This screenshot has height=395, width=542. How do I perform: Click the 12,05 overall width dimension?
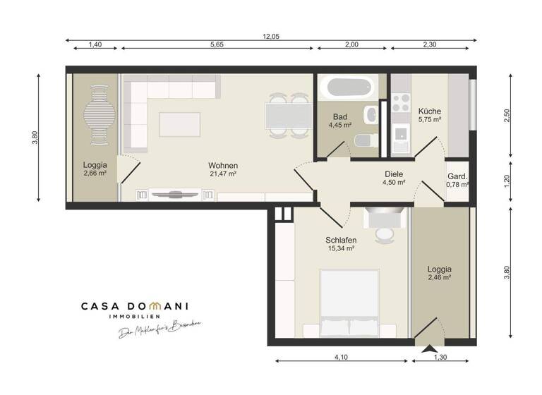(x=271, y=35)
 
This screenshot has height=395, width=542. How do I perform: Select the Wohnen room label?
(x=222, y=165)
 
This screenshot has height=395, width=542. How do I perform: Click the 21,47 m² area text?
(x=222, y=174)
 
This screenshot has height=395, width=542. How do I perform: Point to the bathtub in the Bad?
(x=347, y=89)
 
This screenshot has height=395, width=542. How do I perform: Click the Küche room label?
(x=429, y=111)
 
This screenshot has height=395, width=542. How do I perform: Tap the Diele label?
(x=394, y=174)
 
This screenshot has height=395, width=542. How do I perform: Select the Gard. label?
(x=457, y=176)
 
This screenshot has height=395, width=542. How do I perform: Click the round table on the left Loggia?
(x=97, y=114)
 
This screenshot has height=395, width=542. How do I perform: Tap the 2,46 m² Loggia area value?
(x=439, y=278)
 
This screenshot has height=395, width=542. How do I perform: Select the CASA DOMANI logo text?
(x=133, y=307)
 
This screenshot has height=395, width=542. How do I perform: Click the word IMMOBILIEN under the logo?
(x=133, y=319)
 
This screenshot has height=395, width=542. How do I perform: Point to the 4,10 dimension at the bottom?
(x=340, y=357)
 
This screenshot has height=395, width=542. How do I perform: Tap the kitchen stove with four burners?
(x=401, y=103)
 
